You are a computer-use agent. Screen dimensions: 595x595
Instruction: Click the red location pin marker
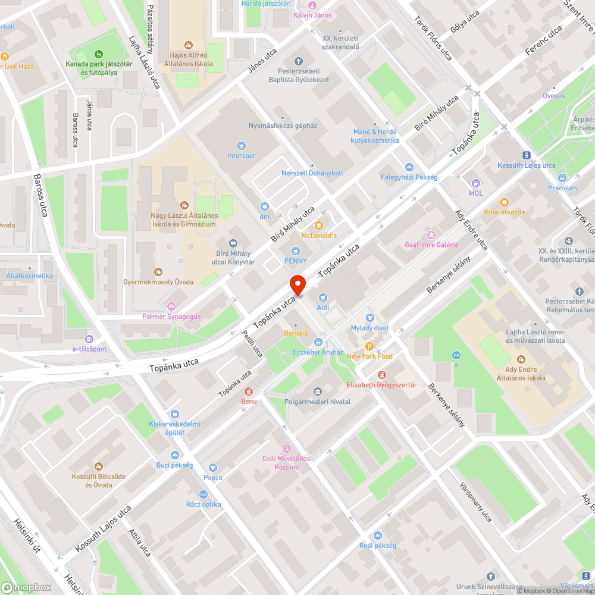pyautogui.click(x=297, y=285)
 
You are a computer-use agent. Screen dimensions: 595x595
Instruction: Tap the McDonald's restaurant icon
pyautogui.click(x=319, y=225)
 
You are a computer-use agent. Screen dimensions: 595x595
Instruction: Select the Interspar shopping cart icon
pyautogui.click(x=241, y=145)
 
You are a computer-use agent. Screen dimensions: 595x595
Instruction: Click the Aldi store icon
pyautogui.click(x=322, y=297)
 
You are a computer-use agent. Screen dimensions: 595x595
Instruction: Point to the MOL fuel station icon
pyautogui.click(x=475, y=183)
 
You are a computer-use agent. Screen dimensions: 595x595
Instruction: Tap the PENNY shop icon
pyautogui.click(x=295, y=250)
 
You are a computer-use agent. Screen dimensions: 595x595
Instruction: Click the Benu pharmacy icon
pyautogui.click(x=249, y=391)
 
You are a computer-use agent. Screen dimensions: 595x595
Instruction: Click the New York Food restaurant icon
pyautogui.click(x=369, y=346)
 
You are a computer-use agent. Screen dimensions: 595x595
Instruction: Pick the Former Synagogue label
pyautogui.click(x=171, y=317)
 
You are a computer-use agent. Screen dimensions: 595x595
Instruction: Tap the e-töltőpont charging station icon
pyautogui.click(x=89, y=339)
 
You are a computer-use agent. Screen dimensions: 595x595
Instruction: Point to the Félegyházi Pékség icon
pyautogui.click(x=409, y=167)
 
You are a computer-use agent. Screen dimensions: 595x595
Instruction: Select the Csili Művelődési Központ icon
pyautogui.click(x=287, y=448)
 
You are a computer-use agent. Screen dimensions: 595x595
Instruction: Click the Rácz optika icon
pyautogui.click(x=203, y=494)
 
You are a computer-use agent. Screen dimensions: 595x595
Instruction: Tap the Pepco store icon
pyautogui.click(x=213, y=468)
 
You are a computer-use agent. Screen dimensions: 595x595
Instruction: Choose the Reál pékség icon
pyautogui.click(x=377, y=535)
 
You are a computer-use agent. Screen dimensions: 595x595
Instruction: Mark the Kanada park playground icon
pyautogui.click(x=100, y=54)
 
